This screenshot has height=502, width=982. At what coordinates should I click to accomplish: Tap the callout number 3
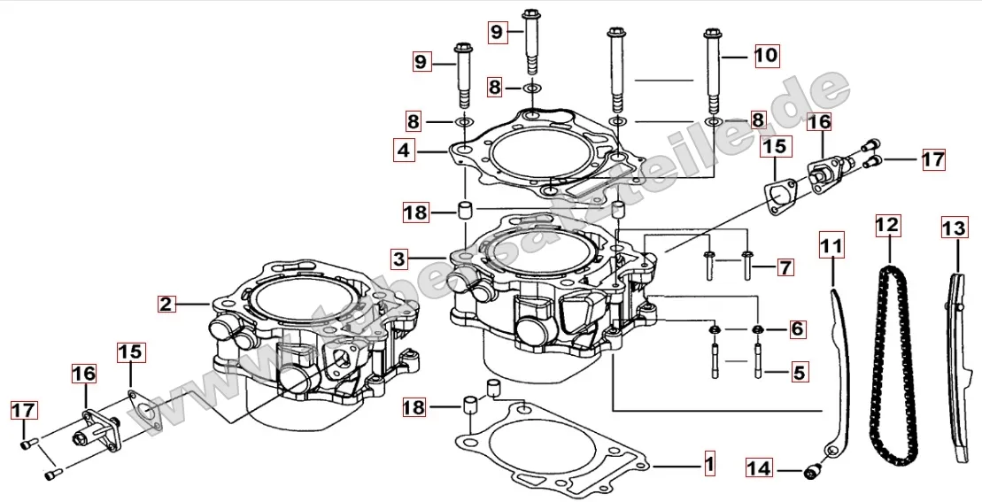(x=400, y=259)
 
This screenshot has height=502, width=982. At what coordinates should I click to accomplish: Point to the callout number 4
(x=404, y=151)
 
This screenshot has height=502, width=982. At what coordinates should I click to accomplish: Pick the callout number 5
(x=798, y=373)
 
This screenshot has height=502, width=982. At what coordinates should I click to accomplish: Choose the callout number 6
(x=797, y=329)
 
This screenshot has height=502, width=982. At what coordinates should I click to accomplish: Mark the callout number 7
(x=785, y=265)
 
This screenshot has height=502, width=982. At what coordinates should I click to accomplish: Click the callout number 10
(x=766, y=55)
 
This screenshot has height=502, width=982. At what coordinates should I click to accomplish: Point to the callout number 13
(x=953, y=228)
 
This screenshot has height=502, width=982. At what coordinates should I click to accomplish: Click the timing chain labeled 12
(x=893, y=372)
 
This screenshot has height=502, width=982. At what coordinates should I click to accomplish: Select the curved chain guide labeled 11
(x=839, y=372)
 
